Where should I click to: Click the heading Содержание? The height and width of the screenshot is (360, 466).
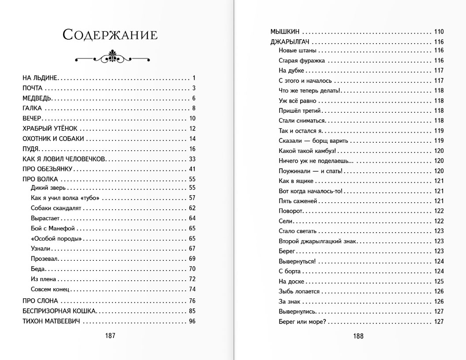click(110, 34)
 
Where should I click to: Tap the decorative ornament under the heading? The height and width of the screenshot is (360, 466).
click(110, 57)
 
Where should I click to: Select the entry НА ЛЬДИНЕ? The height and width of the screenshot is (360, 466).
click(40, 78)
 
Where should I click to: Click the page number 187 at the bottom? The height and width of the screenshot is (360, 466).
click(110, 335)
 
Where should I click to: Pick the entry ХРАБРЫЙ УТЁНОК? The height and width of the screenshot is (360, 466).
click(50, 129)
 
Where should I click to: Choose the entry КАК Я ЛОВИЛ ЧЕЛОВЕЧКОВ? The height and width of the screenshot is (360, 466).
click(64, 159)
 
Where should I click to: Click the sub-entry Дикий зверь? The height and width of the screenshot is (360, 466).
click(48, 188)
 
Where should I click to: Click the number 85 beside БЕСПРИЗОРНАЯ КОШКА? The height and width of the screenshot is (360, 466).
click(192, 311)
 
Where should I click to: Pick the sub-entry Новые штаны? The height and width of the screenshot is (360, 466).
click(298, 51)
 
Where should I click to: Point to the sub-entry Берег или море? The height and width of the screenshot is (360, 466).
click(302, 321)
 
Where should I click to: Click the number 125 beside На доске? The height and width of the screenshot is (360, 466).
click(438, 281)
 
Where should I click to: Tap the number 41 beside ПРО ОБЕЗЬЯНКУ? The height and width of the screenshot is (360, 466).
click(192, 169)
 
